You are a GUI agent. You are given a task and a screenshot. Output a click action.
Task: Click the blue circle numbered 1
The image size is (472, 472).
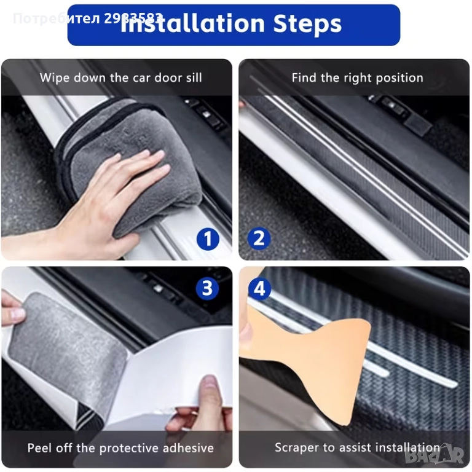[208, 239]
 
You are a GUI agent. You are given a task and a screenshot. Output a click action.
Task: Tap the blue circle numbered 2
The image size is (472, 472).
[259, 238]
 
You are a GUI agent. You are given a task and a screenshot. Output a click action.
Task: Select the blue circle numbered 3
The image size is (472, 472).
[207, 288]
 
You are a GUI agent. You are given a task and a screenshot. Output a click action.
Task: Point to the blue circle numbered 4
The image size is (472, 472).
[259, 288]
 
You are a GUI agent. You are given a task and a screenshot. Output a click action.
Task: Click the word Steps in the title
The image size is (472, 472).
[307, 23]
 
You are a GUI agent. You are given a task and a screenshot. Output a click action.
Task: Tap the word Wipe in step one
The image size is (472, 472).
[55, 77]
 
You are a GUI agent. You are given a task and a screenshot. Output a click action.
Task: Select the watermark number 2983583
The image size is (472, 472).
[133, 18]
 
